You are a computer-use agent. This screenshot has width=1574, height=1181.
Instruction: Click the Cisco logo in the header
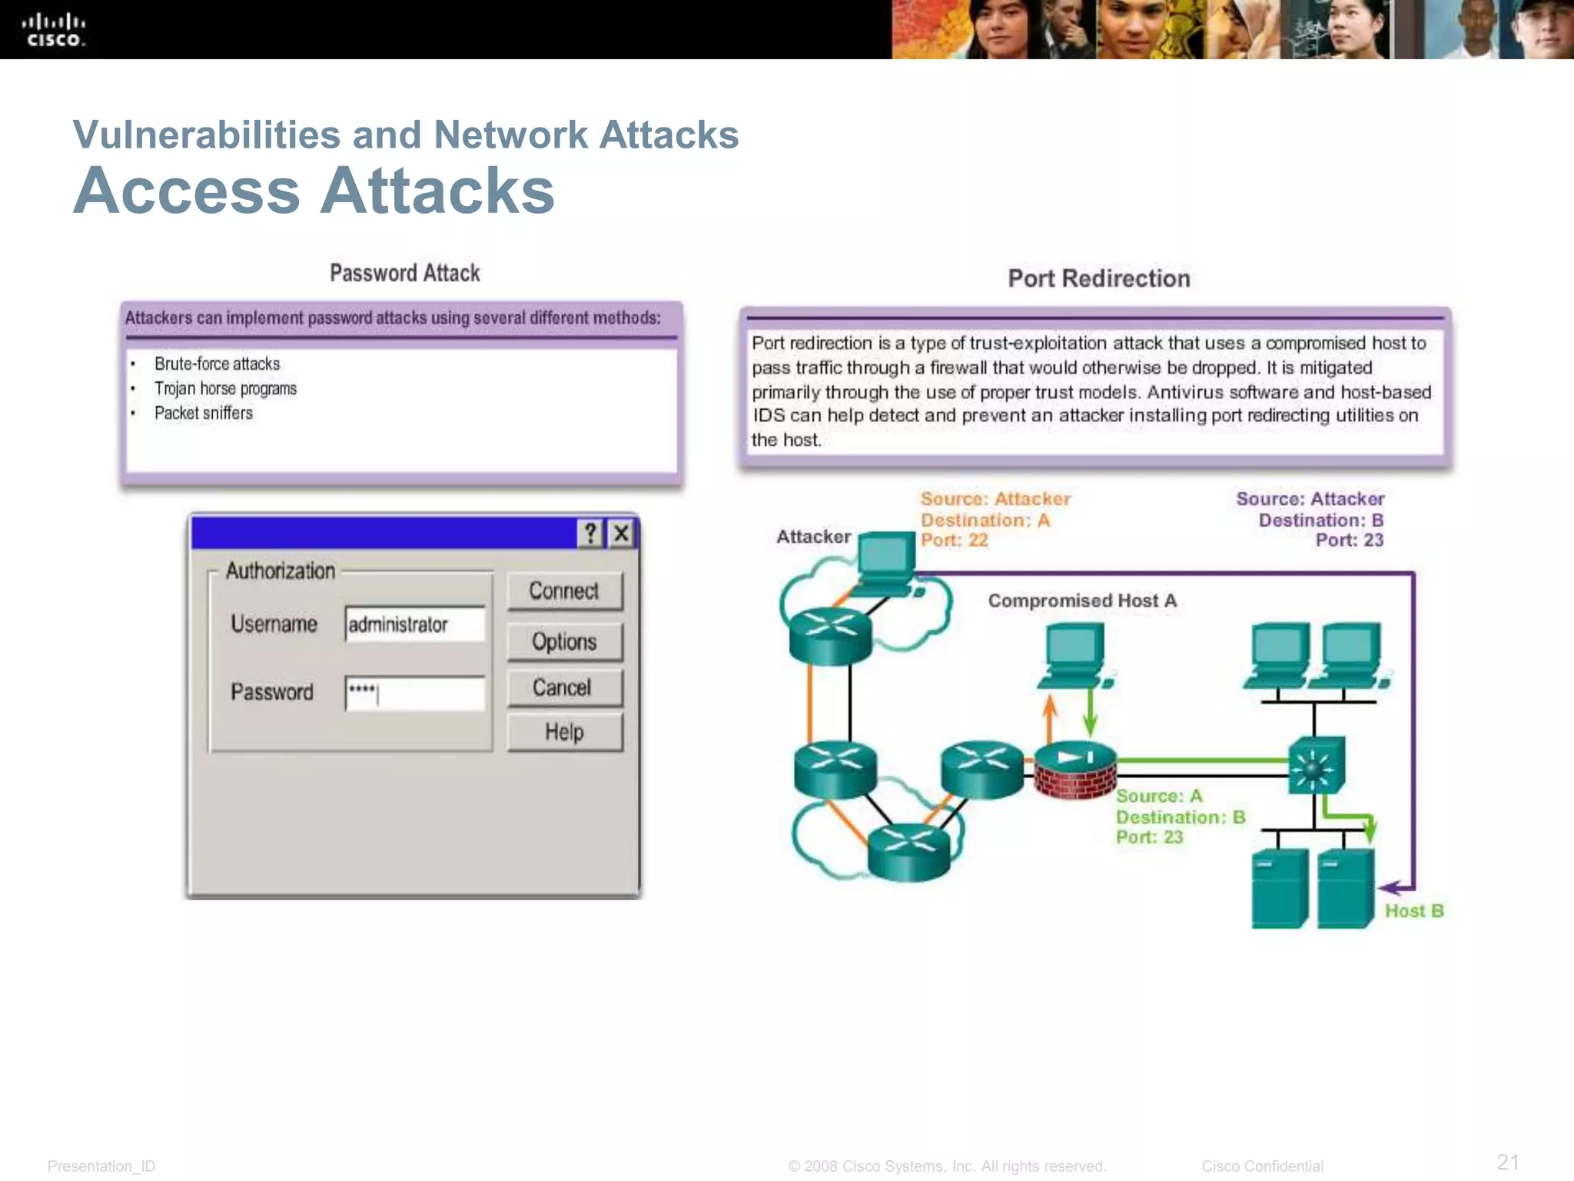pos(53,31)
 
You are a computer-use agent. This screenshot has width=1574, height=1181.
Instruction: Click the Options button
pos(564,641)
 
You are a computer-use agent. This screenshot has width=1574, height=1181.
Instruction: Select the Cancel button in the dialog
pos(564,687)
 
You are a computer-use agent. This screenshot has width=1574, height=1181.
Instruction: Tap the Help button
pos(564,732)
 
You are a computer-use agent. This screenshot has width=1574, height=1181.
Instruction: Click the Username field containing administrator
pos(415,624)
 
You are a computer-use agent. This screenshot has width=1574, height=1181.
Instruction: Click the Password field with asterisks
pos(415,693)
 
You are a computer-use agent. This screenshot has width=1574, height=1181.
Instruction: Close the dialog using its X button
pos(621,533)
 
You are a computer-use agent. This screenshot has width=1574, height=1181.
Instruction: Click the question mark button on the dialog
pos(590,533)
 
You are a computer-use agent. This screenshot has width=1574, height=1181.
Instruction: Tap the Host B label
pos(1414,911)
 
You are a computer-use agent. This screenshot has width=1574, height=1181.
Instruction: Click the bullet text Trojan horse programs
pos(225,389)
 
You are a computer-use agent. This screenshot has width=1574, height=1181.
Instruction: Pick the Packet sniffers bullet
pos(204,414)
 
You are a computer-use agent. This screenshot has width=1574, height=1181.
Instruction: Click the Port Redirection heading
pos(1098,278)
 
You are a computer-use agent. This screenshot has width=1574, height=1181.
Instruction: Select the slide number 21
pos(1507,1162)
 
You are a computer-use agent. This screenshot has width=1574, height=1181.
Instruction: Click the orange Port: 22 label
pos(954,541)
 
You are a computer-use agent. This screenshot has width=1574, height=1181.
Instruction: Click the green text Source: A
pos(1158,797)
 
